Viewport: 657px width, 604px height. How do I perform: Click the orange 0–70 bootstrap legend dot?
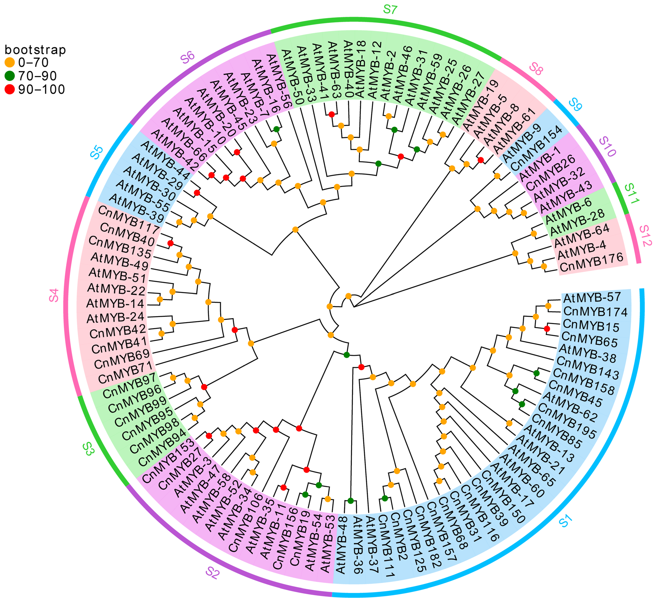[10, 62]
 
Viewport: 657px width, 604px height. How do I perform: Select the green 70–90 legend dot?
[10, 76]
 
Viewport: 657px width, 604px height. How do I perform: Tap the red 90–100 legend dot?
[10, 89]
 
